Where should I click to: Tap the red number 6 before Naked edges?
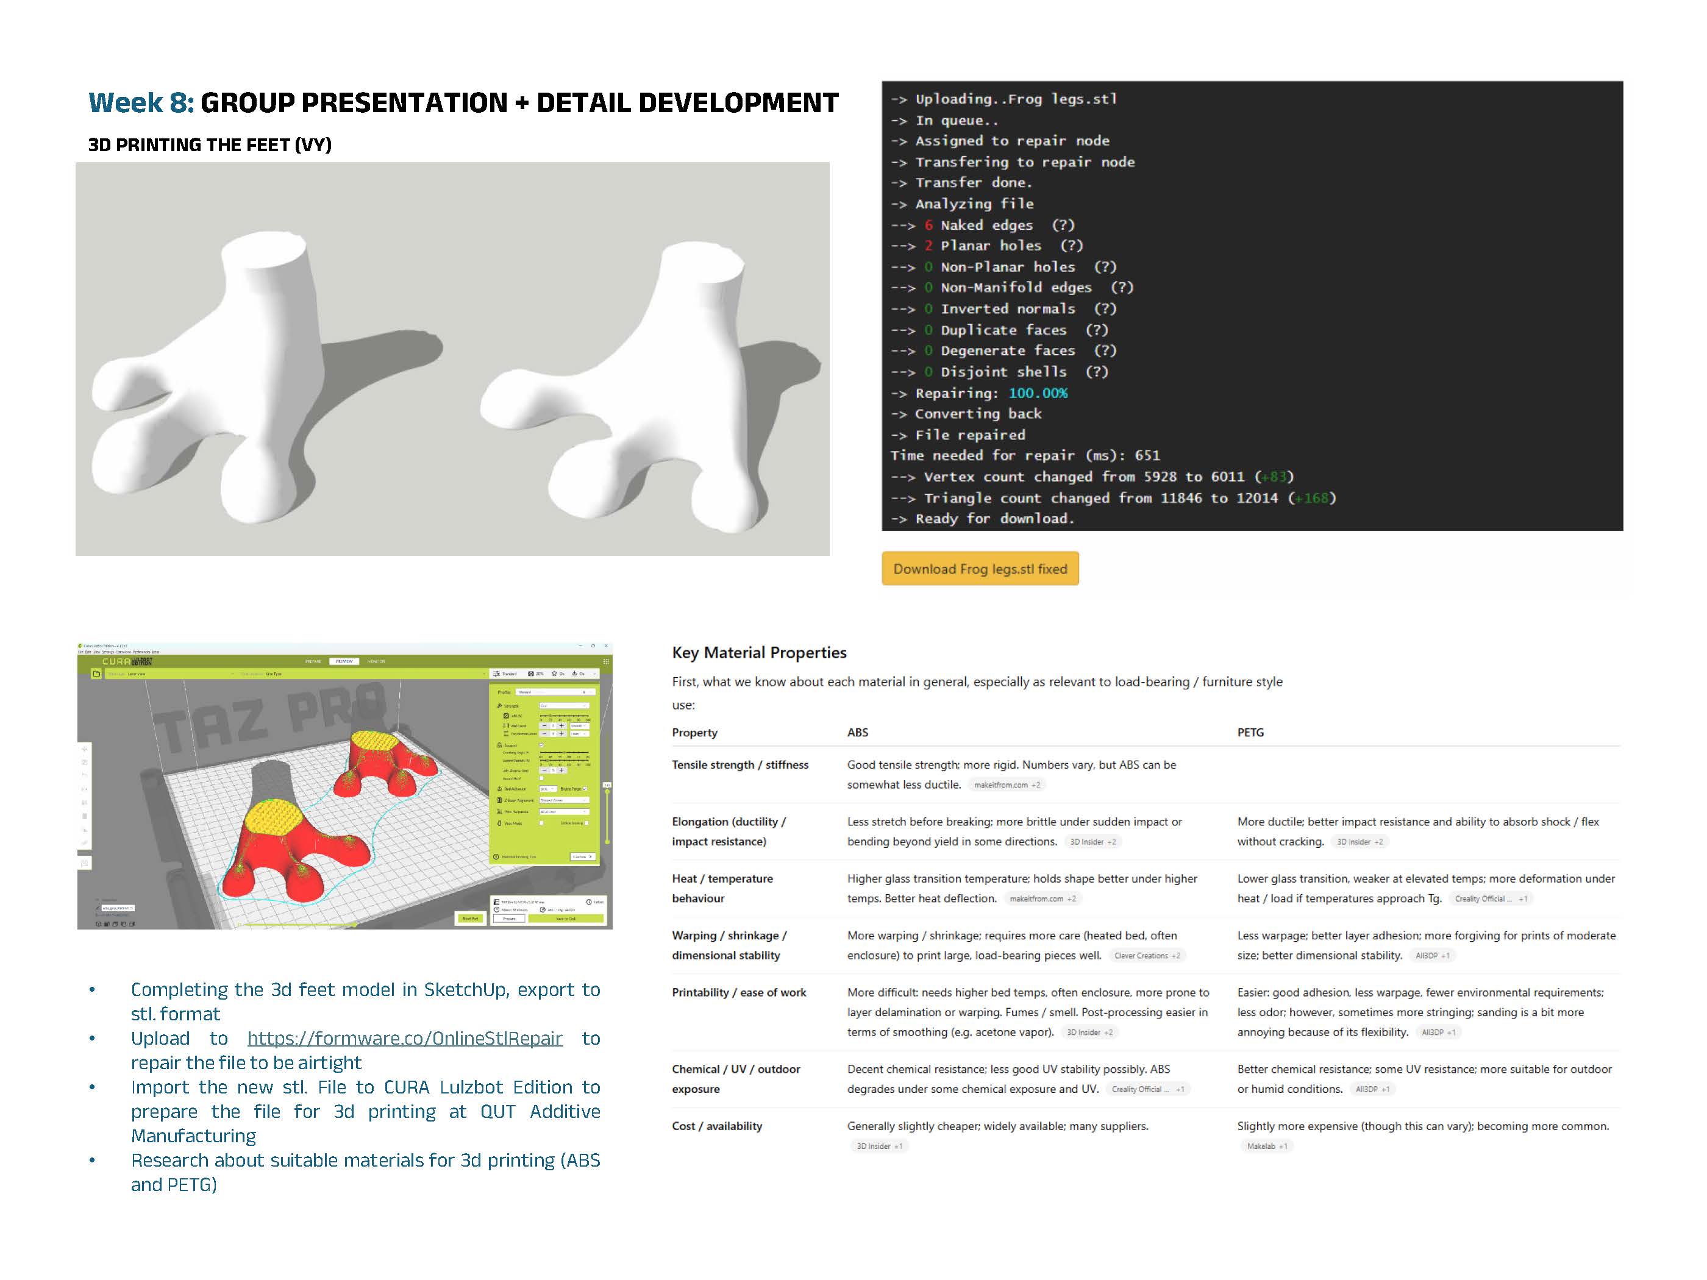[x=928, y=226]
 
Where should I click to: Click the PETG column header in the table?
[x=1250, y=732]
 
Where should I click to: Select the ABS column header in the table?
[x=857, y=732]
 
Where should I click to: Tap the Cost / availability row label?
[x=716, y=1126]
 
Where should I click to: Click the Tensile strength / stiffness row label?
[x=739, y=764]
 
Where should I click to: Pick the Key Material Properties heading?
[x=758, y=653]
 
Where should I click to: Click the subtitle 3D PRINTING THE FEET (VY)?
[x=209, y=145]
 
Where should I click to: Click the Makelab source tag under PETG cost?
[x=1266, y=1146]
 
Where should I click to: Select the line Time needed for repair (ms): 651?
[x=1025, y=455]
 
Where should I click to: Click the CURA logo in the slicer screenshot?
[x=127, y=661]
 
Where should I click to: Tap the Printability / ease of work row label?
[x=738, y=992]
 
